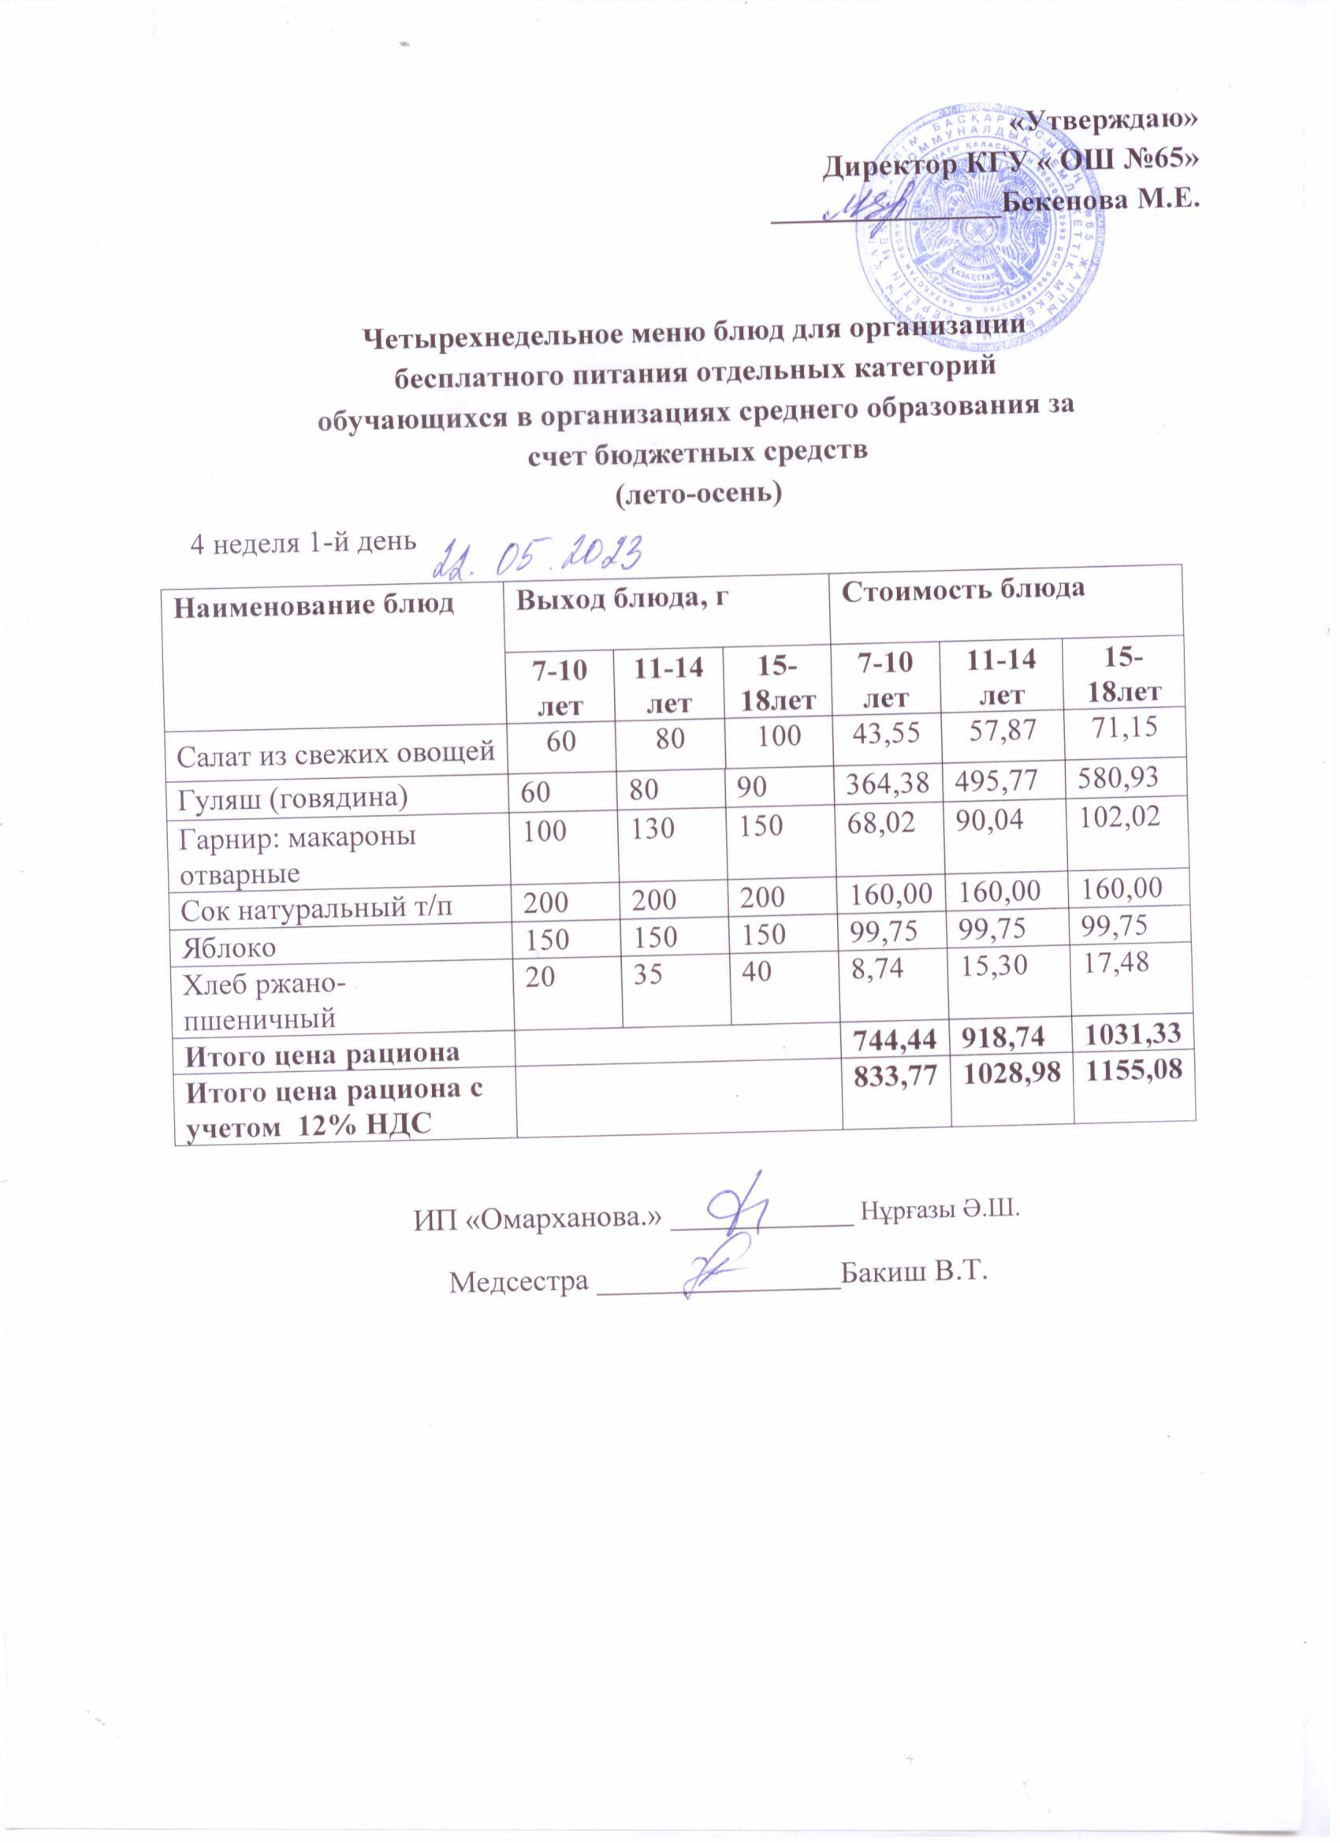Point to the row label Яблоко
229,948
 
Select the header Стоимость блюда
962,590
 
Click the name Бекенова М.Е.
1101,200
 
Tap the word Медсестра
518,1282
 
